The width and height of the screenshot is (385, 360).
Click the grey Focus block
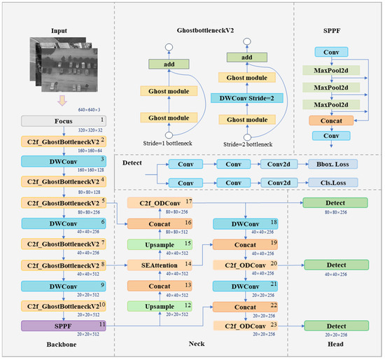(x=61, y=121)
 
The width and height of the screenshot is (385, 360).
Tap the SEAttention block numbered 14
(x=160, y=265)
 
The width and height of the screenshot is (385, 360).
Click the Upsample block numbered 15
(x=160, y=244)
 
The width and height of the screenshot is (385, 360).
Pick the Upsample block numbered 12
(x=160, y=306)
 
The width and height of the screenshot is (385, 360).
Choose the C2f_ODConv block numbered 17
(x=160, y=203)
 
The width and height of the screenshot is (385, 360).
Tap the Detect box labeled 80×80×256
(x=334, y=203)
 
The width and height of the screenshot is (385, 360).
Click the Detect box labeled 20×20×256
(x=334, y=326)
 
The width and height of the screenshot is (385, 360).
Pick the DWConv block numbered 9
(x=61, y=286)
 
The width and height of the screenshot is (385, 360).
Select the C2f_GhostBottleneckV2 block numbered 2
(x=61, y=141)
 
